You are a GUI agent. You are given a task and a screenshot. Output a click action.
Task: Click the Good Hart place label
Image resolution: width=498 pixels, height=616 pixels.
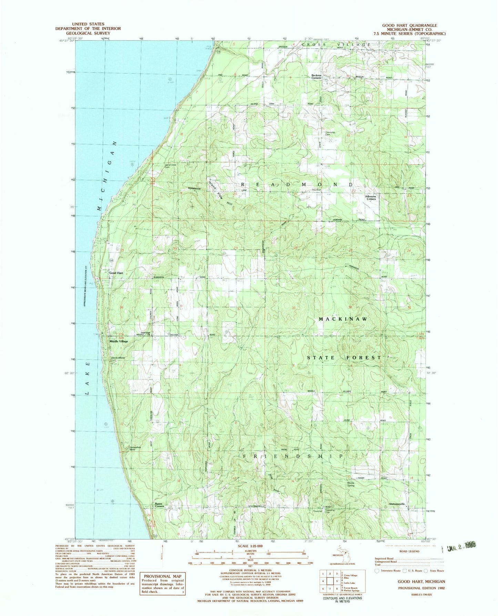click(x=116, y=273)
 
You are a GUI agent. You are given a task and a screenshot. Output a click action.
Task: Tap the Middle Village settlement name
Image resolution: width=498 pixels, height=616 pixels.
click(x=119, y=341)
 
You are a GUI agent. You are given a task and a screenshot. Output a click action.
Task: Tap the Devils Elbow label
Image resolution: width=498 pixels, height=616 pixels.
click(x=118, y=358)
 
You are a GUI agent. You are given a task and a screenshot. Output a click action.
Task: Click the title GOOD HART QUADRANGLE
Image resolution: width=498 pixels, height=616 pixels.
click(x=409, y=25)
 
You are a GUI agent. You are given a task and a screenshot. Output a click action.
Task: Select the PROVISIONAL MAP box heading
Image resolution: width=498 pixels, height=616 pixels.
click(x=162, y=576)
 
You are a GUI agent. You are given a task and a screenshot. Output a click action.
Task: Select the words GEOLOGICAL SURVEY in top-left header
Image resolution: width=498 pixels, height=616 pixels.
click(x=88, y=33)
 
